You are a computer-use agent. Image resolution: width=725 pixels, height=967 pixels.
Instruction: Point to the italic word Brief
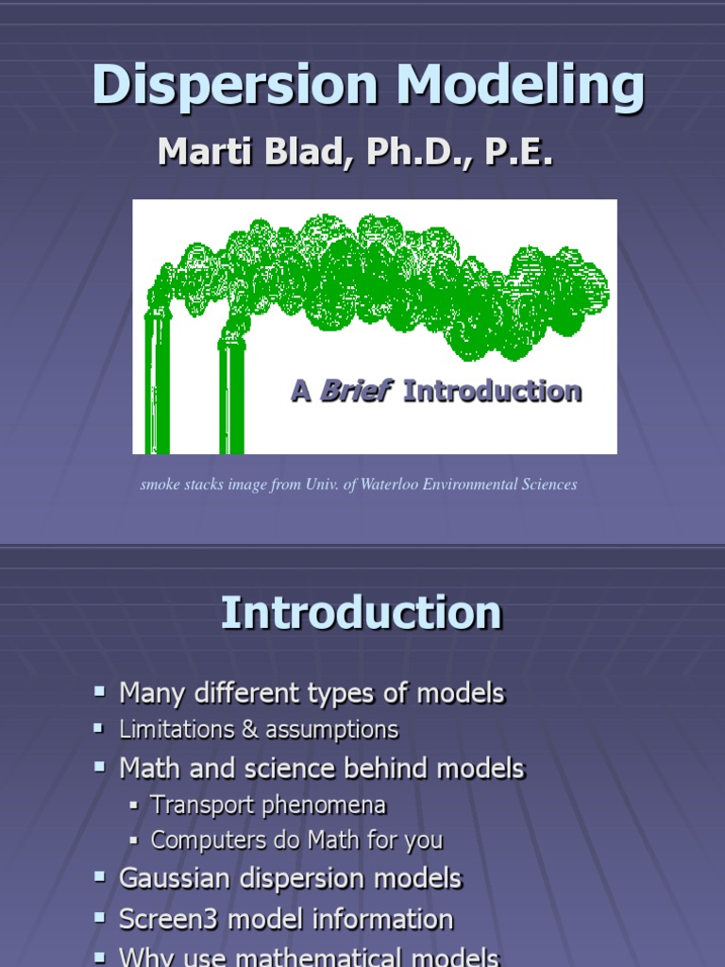[x=356, y=391]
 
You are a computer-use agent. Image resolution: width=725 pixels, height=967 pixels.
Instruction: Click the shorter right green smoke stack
[x=231, y=397]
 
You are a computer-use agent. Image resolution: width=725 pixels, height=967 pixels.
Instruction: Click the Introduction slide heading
[x=362, y=614]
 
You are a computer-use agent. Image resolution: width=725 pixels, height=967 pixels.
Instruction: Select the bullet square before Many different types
[x=100, y=692]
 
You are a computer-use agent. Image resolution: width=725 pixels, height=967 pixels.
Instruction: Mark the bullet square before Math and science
[x=100, y=768]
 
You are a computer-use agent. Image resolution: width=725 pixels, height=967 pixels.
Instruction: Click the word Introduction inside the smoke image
[x=492, y=391]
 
